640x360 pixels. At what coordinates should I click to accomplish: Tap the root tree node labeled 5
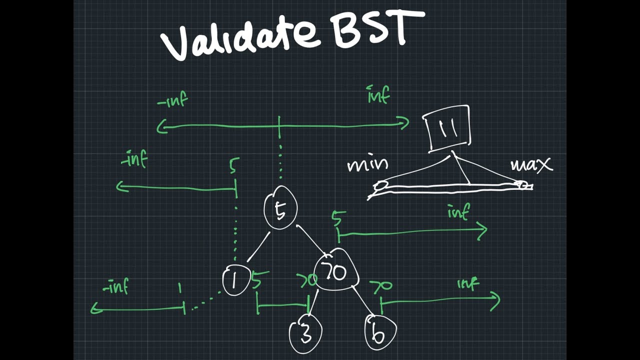pyautogui.click(x=280, y=208)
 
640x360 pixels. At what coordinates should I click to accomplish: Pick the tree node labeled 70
pyautogui.click(x=336, y=271)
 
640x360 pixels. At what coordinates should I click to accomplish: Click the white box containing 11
pyautogui.click(x=447, y=128)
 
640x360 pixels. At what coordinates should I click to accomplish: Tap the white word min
pyautogui.click(x=367, y=165)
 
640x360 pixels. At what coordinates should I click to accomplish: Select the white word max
pyautogui.click(x=531, y=165)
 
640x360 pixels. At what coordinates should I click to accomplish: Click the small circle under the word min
pyautogui.click(x=381, y=185)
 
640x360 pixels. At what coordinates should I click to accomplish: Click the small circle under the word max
pyautogui.click(x=522, y=185)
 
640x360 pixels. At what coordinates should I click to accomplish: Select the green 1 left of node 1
pyautogui.click(x=179, y=288)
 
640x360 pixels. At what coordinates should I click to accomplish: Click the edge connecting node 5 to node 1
pyautogui.click(x=258, y=247)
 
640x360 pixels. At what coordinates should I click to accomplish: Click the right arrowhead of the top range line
pyautogui.click(x=404, y=122)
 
